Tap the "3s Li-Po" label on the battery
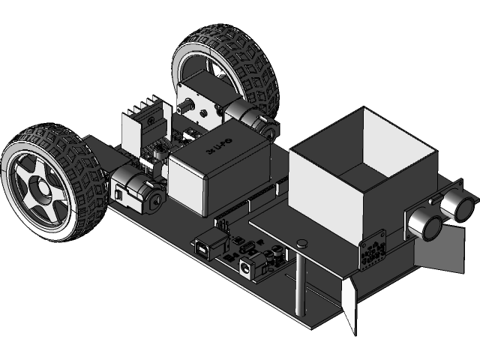pyautogui.click(x=220, y=144)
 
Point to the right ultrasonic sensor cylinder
pyautogui.click(x=456, y=202)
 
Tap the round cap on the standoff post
pyautogui.click(x=302, y=242)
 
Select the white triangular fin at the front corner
pyautogui.click(x=349, y=304)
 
